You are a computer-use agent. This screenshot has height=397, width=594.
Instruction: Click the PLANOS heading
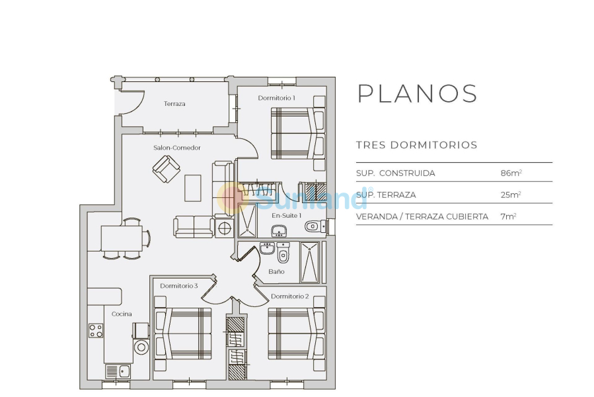click(x=417, y=94)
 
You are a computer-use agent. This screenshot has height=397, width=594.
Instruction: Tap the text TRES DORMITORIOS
click(x=416, y=145)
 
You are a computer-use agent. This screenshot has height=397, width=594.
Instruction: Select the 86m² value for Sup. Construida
click(x=511, y=173)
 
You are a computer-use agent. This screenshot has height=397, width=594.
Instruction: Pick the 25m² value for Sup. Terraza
click(x=511, y=195)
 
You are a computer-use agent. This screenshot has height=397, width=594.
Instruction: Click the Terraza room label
click(x=174, y=104)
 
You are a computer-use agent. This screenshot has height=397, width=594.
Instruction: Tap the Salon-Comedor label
click(x=176, y=148)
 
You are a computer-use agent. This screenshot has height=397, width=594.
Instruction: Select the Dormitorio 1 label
click(x=276, y=98)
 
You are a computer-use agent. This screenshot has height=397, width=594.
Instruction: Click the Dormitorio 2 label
click(x=289, y=296)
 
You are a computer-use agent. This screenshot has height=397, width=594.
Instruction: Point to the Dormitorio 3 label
click(x=178, y=286)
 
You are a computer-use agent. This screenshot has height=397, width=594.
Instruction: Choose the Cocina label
click(x=121, y=314)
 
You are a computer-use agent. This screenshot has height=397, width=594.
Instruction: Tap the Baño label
click(x=277, y=271)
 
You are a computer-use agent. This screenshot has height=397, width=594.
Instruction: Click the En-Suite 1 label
click(x=287, y=215)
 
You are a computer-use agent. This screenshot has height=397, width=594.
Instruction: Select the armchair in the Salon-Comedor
click(x=166, y=169)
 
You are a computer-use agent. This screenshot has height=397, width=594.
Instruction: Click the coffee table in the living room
click(x=193, y=187)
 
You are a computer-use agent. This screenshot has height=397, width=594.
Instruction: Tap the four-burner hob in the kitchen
click(x=96, y=330)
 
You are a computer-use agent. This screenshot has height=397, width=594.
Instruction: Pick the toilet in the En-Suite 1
click(x=314, y=227)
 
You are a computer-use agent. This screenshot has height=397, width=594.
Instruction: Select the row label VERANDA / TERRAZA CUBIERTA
click(x=422, y=216)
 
